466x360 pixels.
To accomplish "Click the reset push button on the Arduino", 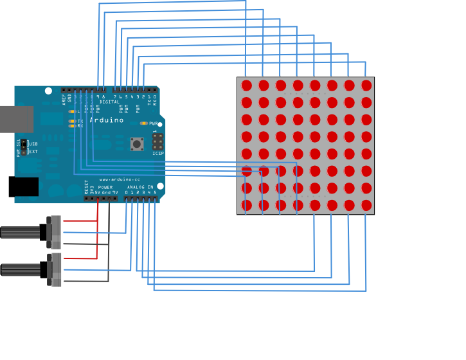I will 137,143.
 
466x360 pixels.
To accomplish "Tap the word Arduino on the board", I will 107,120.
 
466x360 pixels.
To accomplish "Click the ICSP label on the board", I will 157,154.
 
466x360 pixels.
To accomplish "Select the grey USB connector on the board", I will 16,120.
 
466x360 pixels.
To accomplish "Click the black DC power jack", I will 23,186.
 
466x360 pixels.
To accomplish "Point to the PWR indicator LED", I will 143,123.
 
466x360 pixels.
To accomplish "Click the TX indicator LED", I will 71,121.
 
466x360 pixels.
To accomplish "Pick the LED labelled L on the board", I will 71,111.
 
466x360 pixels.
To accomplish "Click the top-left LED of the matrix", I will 247,85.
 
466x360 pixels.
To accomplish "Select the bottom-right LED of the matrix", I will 366,205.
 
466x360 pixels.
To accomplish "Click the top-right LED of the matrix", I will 366,85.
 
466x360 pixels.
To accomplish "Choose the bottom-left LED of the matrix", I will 247,205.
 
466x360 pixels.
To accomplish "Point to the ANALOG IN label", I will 140,187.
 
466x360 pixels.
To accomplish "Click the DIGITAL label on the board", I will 110,102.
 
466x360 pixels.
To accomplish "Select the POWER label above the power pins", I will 105,187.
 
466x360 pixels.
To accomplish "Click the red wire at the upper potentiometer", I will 80,222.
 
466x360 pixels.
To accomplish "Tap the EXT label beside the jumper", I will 33,152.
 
